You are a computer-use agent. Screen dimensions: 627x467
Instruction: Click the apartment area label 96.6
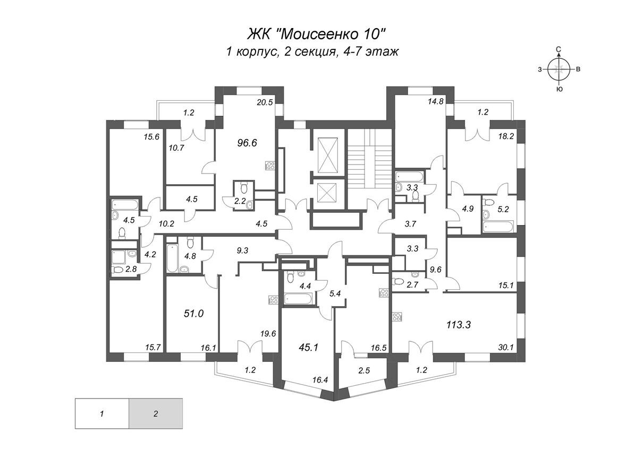click(247, 143)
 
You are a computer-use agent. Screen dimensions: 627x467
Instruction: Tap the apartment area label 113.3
click(459, 325)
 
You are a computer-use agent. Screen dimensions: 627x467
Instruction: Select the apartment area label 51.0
click(193, 314)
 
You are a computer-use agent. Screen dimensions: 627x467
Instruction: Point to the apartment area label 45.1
click(308, 348)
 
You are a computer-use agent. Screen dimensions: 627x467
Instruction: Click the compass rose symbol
click(559, 69)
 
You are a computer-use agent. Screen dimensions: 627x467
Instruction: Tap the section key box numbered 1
click(102, 413)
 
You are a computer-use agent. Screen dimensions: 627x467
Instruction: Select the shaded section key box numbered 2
click(156, 413)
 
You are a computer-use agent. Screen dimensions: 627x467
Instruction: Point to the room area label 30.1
click(506, 348)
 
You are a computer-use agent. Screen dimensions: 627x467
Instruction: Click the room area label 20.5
click(265, 102)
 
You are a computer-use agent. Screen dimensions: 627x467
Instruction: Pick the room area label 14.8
click(436, 101)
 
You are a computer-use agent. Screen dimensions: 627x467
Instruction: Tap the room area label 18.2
click(506, 136)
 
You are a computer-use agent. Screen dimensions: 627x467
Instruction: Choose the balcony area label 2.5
click(364, 370)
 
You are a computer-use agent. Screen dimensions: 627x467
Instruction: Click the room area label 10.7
click(176, 148)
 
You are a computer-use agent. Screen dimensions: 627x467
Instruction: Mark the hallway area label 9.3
click(243, 250)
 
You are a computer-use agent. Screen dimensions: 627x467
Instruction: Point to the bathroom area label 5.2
click(503, 209)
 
